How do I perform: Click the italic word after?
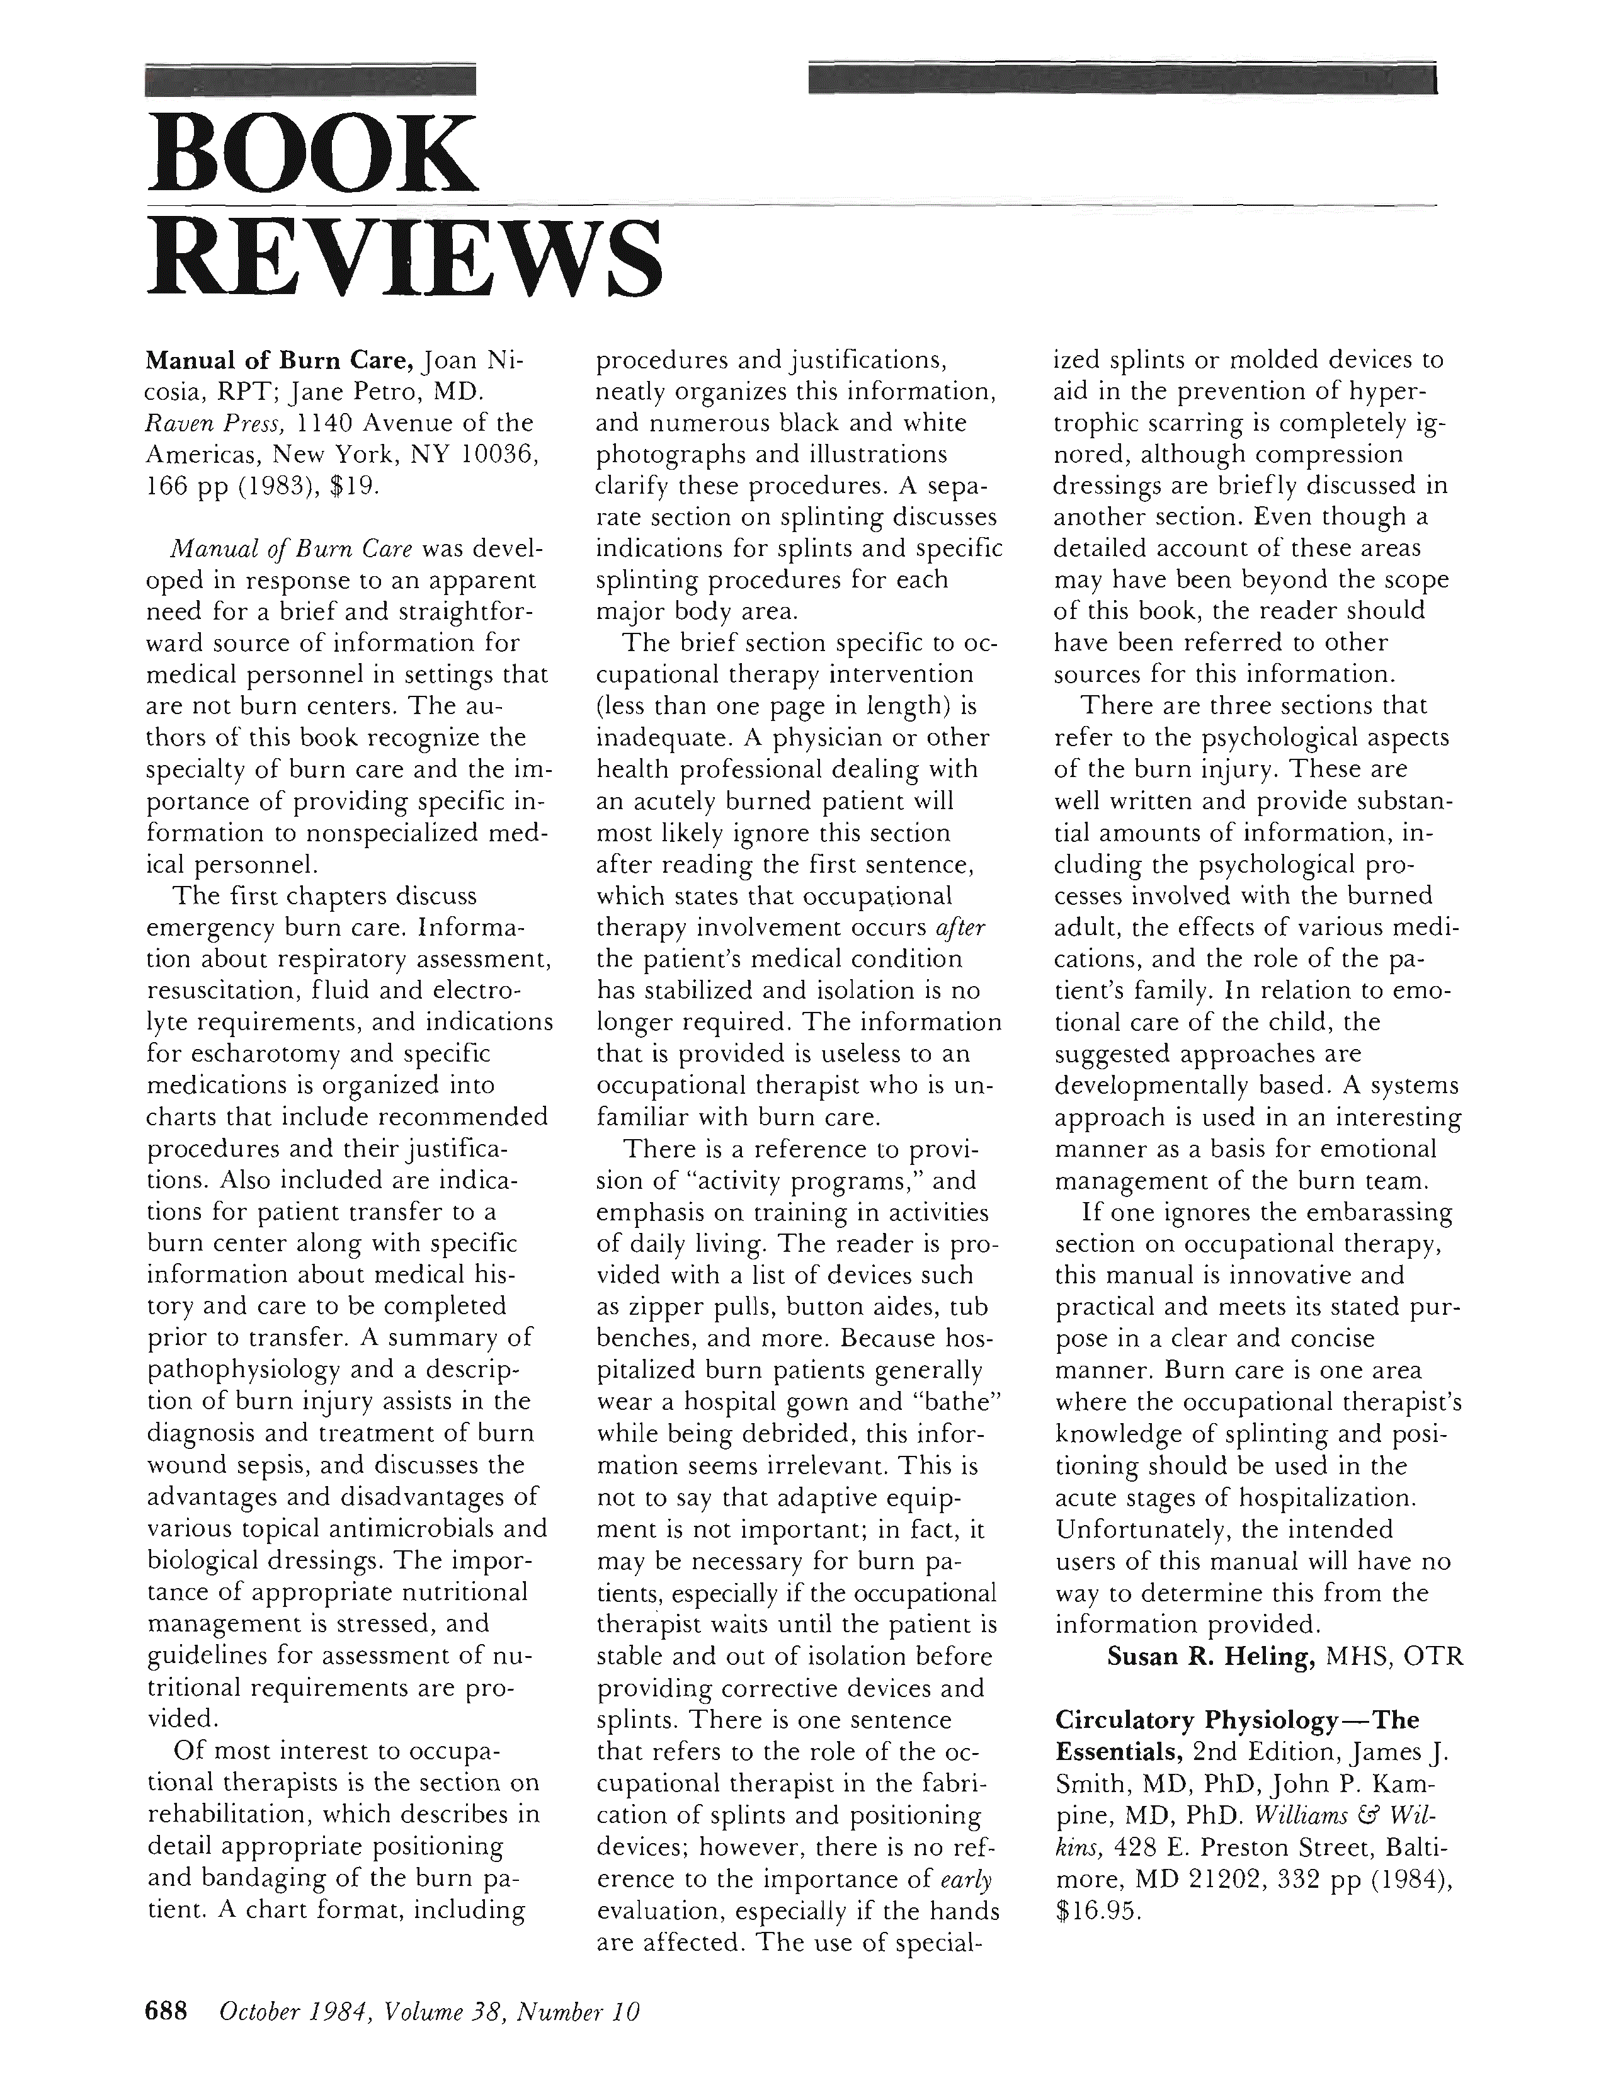962,928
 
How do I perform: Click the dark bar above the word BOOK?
310,81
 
